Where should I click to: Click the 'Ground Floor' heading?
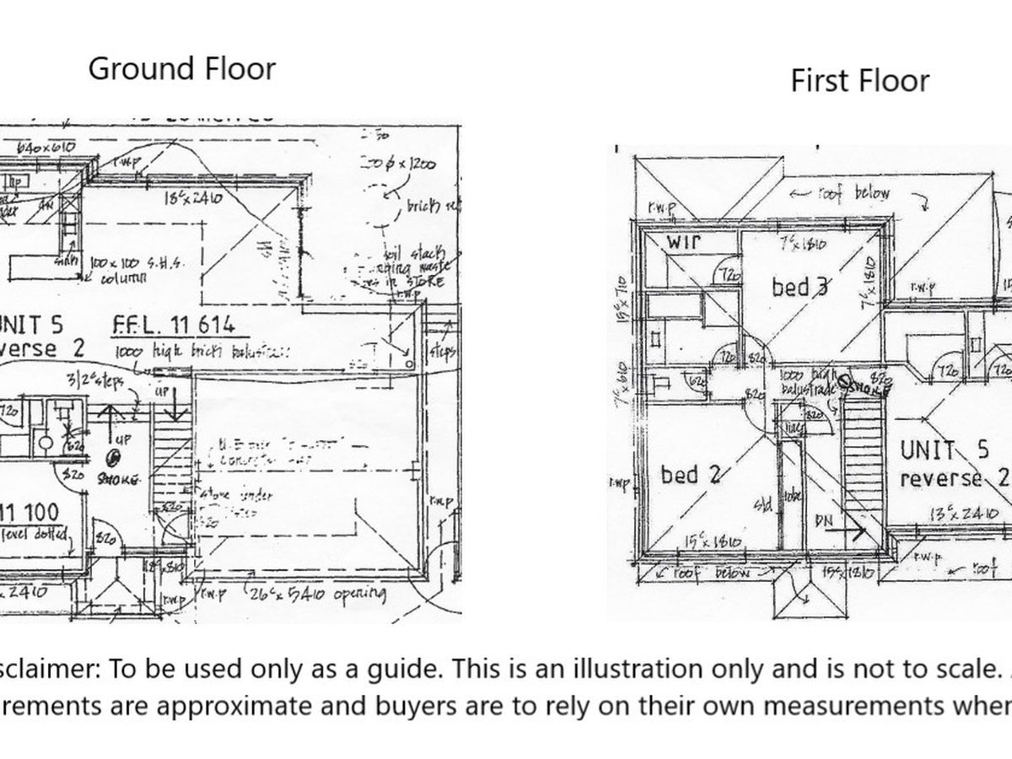[x=181, y=68]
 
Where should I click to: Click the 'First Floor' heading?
[x=859, y=81]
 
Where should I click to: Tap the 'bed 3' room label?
[x=799, y=287]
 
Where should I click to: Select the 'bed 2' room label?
[x=692, y=476]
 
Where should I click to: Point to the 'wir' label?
[x=685, y=243]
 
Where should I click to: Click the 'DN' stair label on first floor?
[x=823, y=522]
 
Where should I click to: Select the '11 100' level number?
[x=32, y=511]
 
